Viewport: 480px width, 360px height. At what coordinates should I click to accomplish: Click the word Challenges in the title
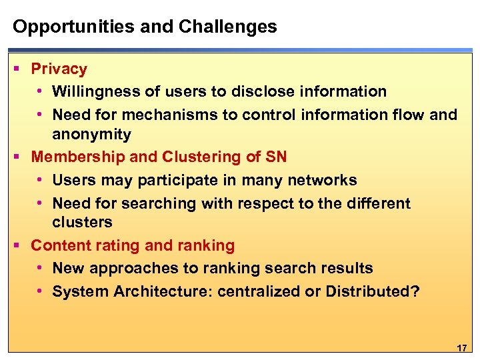(x=227, y=27)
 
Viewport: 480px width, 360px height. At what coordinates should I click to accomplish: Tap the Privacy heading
(x=59, y=69)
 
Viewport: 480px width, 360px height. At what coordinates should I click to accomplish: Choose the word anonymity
(x=91, y=134)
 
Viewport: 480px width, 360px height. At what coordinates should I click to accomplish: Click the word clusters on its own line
(x=82, y=222)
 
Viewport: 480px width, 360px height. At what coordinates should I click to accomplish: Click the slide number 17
(x=461, y=348)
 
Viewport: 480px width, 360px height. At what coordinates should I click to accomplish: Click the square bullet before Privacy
(x=16, y=69)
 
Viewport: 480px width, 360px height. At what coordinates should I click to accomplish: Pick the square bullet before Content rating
(x=16, y=246)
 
